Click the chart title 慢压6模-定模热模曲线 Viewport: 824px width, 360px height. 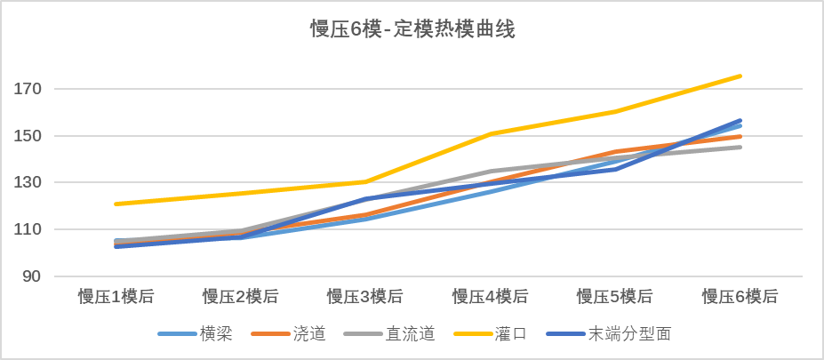tap(412, 30)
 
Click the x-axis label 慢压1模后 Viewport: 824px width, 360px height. tap(116, 297)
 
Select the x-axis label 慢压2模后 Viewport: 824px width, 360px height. tap(240, 297)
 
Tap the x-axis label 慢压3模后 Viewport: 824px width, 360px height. tap(365, 297)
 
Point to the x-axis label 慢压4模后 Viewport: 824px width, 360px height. tap(490, 297)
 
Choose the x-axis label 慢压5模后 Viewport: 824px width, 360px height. tap(615, 297)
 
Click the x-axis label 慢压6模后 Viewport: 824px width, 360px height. tap(740, 297)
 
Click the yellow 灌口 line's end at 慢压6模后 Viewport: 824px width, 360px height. tap(740, 76)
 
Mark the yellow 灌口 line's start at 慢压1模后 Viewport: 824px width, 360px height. tap(116, 204)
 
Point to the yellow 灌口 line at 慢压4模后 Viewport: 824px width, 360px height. tap(490, 134)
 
